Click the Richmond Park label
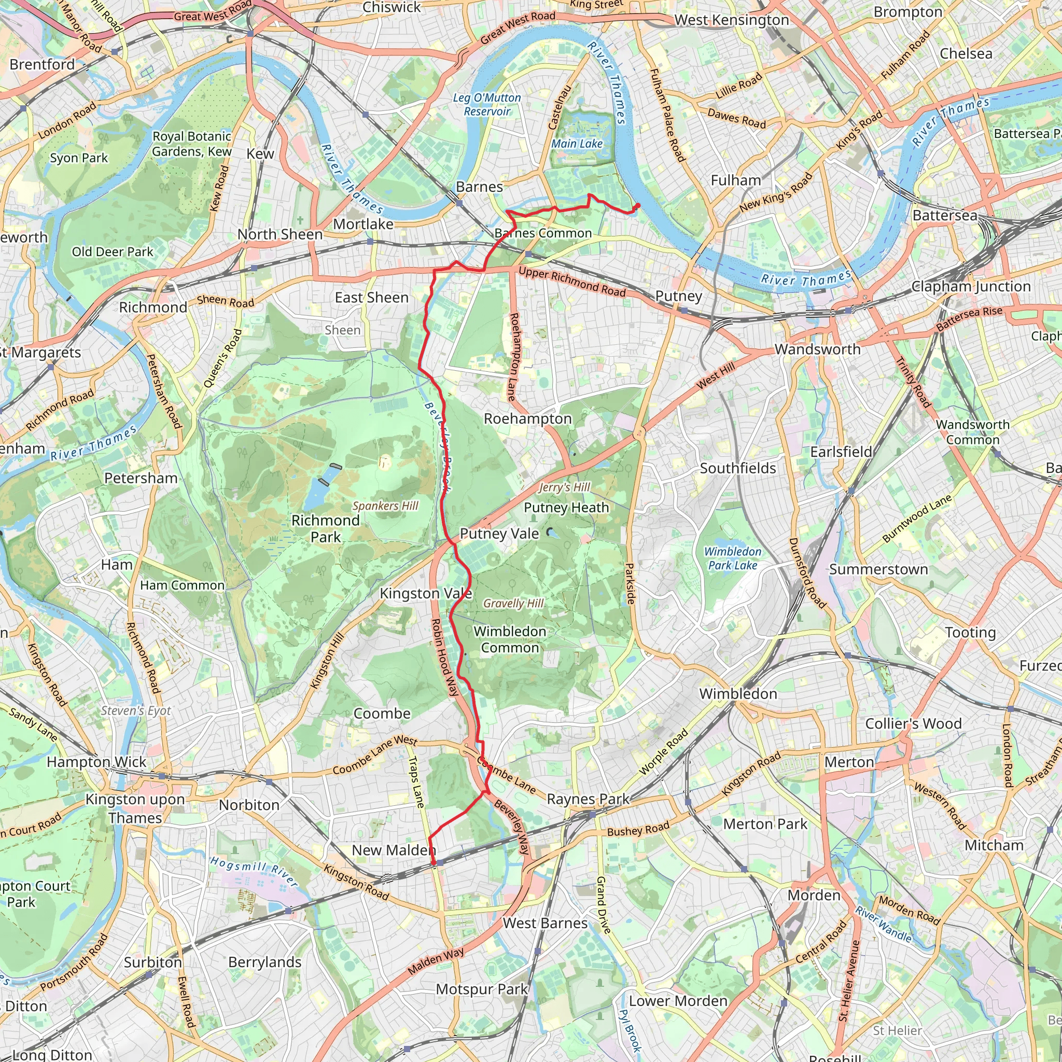coord(326,528)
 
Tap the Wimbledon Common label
coord(510,639)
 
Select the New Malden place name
coord(394,850)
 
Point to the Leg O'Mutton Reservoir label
coord(487,104)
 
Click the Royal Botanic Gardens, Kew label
coord(192,144)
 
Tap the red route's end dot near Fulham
coord(638,205)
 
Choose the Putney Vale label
coord(499,533)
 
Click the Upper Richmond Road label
coord(571,282)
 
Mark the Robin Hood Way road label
coord(445,658)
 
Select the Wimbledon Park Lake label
coord(733,558)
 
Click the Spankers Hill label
coord(385,506)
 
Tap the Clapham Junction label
coord(971,286)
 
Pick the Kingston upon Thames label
coord(135,808)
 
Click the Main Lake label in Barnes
coord(577,144)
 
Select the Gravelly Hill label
coord(513,603)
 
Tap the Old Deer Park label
coord(112,251)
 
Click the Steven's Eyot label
coord(136,710)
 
